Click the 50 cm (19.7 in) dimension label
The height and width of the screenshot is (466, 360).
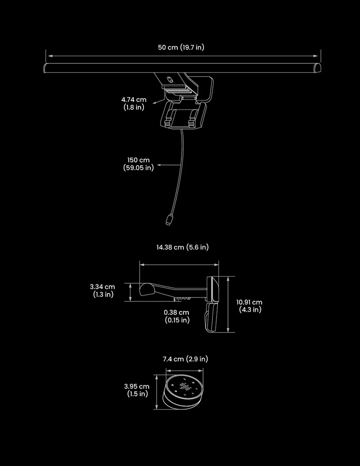[x=181, y=47]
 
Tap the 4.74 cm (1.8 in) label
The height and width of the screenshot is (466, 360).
[x=134, y=103]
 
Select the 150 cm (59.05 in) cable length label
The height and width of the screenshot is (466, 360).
[x=138, y=164]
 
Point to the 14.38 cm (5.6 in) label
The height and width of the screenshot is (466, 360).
[x=183, y=247]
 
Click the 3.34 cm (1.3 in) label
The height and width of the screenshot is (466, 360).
[x=103, y=290]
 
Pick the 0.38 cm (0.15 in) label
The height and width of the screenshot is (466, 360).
[x=177, y=316]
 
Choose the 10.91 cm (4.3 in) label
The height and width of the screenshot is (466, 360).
[x=250, y=306]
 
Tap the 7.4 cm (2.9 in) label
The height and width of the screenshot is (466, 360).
[x=185, y=359]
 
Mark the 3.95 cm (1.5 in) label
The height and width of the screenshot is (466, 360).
[x=137, y=390]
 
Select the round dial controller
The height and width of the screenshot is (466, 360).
[x=183, y=391]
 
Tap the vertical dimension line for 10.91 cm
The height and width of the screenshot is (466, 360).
[x=228, y=304]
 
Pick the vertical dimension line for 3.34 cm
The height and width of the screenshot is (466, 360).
[x=130, y=292]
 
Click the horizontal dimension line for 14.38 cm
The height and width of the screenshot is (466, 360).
[x=179, y=265]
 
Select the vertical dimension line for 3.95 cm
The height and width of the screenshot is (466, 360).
[x=156, y=392]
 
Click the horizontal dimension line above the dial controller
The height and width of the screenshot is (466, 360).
[x=184, y=370]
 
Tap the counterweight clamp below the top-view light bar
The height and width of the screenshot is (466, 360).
[x=183, y=115]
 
